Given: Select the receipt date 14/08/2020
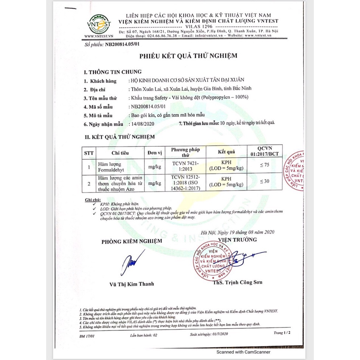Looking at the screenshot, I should pos(142,124).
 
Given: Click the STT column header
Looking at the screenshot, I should pos(88,152).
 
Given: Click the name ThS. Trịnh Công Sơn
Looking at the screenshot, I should pos(232,282).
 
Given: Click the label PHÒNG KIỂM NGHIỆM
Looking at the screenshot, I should pos(131,241).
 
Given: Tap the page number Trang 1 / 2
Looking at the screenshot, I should pos(282,332).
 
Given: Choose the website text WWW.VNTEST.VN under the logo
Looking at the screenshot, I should pos(99,36).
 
